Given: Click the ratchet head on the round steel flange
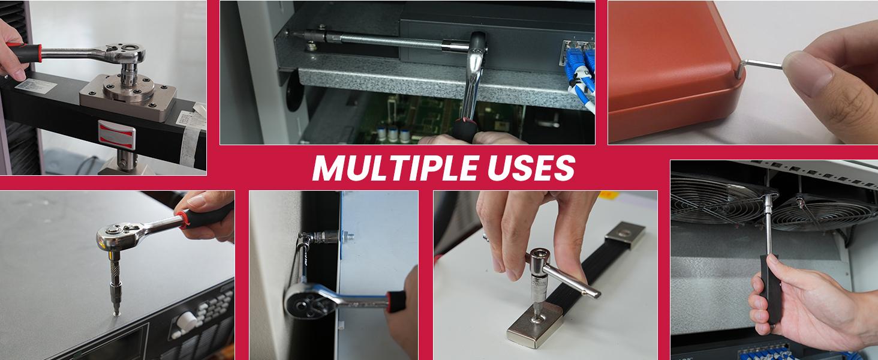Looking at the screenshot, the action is point(125,53).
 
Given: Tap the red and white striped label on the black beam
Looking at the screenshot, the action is point(117,134).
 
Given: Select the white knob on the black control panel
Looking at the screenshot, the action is point(187,321).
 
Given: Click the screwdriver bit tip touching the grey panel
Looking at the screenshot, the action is point(116,312).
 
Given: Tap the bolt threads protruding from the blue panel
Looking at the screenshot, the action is point(349,236).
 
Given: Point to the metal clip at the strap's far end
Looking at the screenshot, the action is point(625,235).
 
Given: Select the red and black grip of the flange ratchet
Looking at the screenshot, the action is point(23,53).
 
